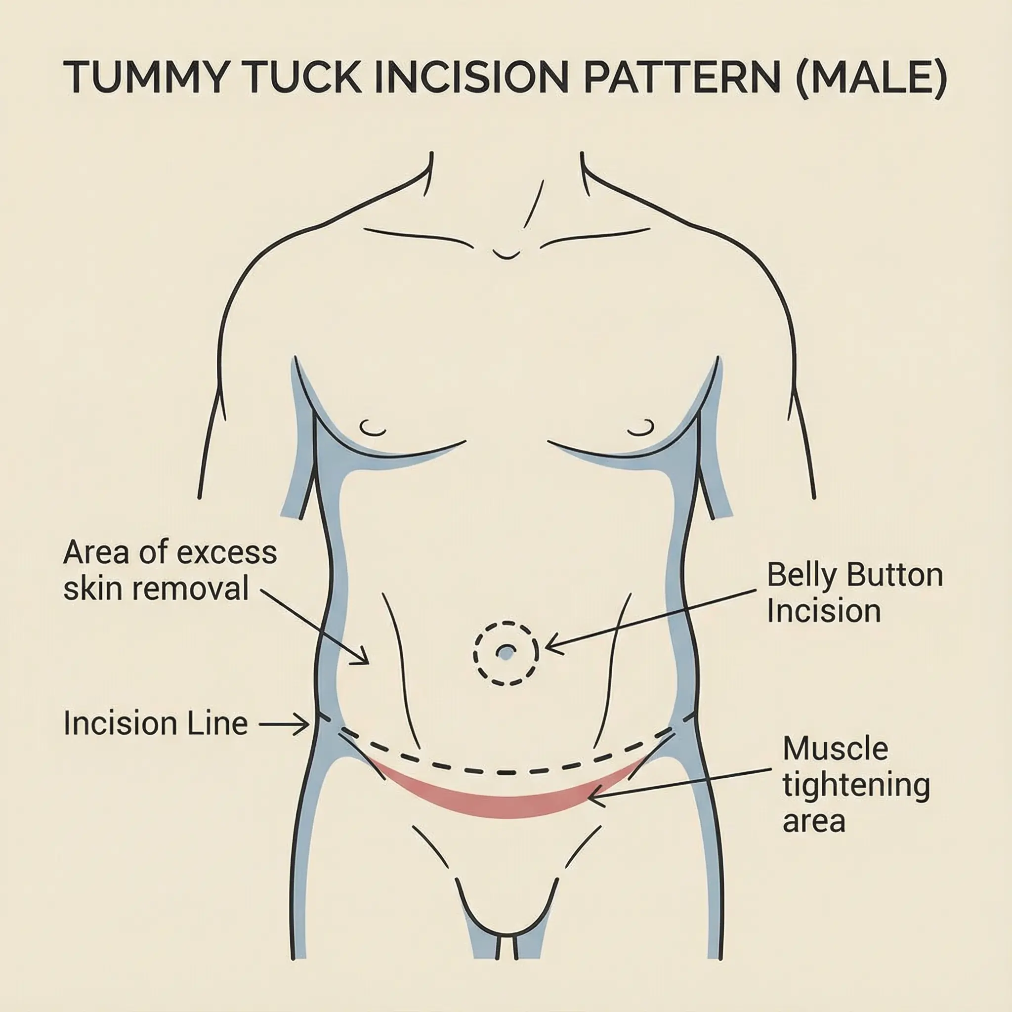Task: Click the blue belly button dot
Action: [506, 653]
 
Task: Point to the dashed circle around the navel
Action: [506, 623]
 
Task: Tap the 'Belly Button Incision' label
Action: [854, 593]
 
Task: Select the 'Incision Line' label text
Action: [156, 724]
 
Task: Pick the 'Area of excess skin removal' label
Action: [169, 570]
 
